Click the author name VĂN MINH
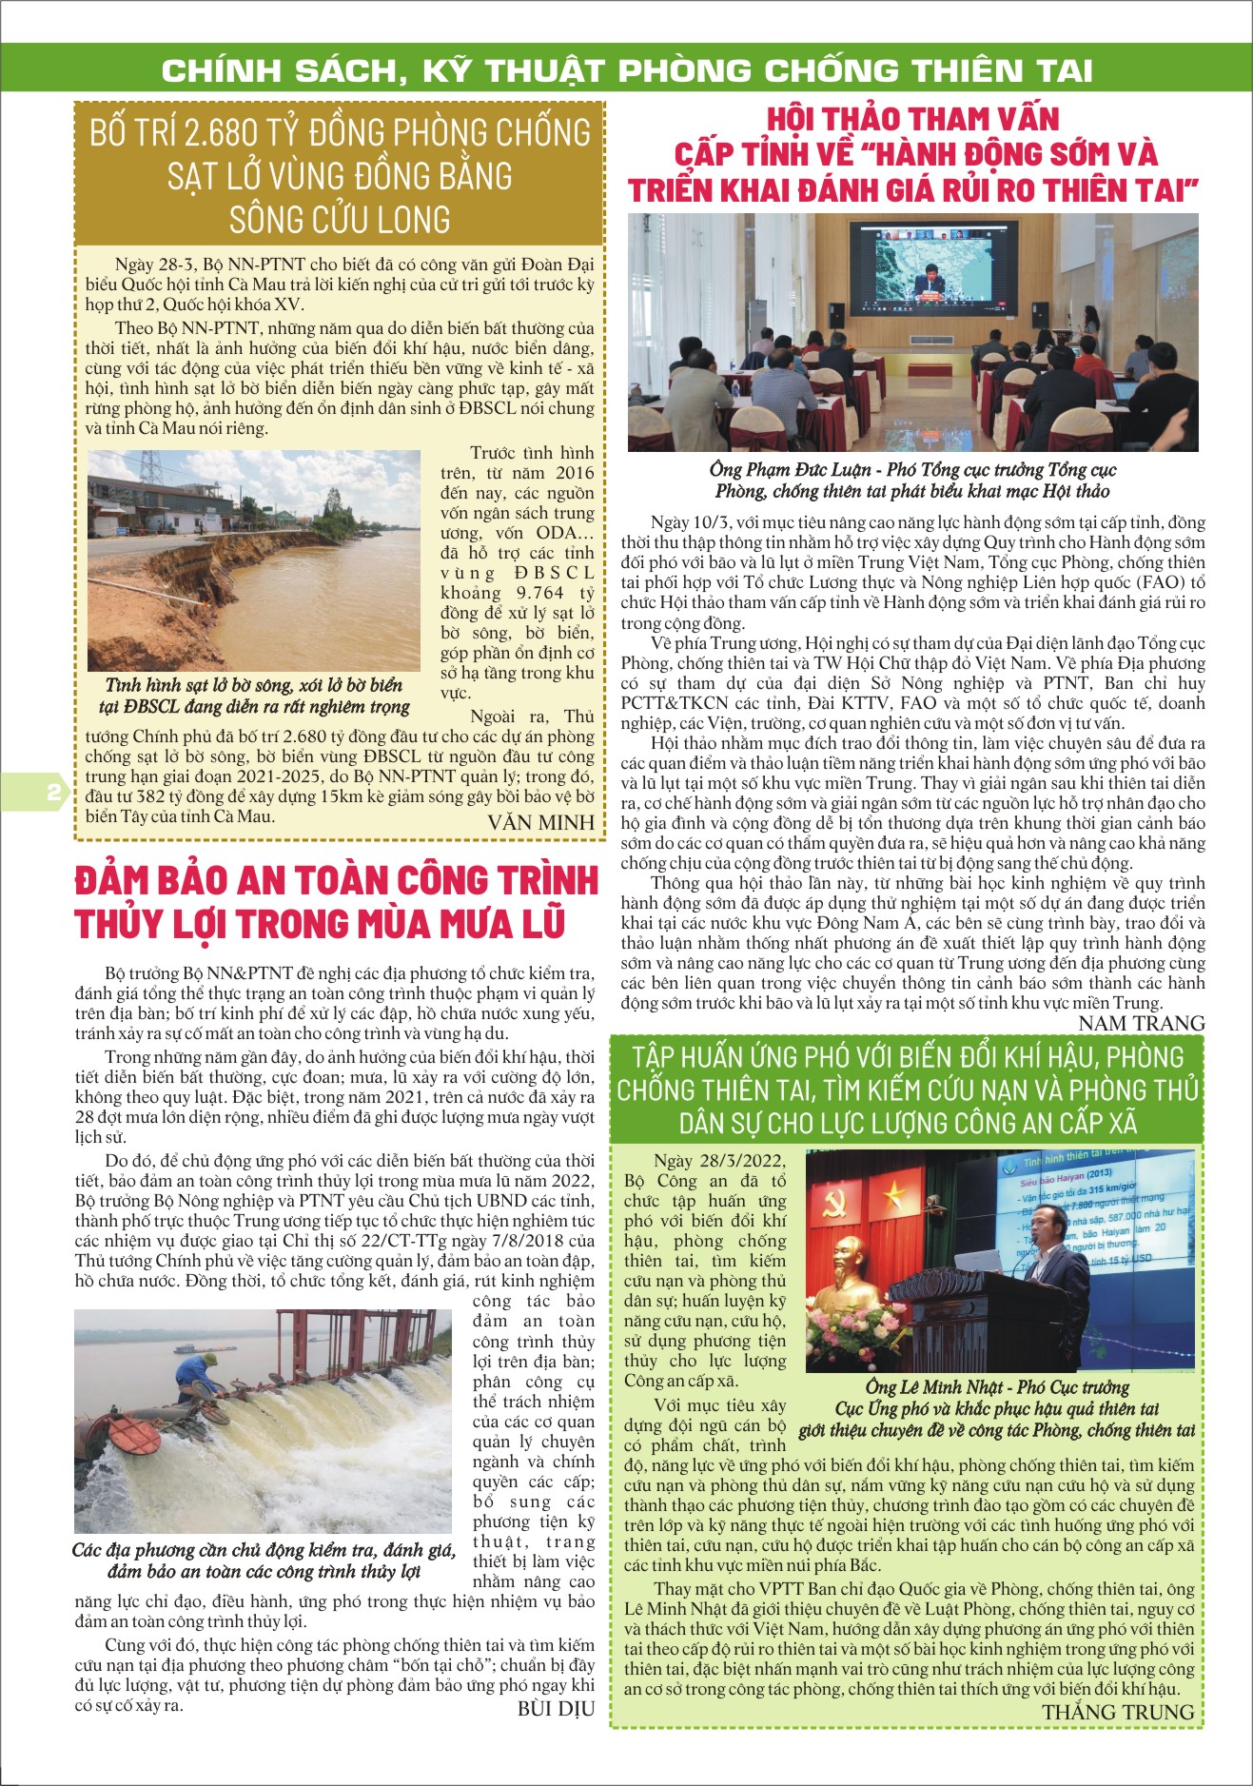[540, 823]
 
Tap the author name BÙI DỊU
[556, 1708]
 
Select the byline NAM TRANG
[1141, 1023]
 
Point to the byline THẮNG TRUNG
[1117, 1712]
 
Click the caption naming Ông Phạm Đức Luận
[911, 481]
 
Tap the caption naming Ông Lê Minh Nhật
[997, 1408]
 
